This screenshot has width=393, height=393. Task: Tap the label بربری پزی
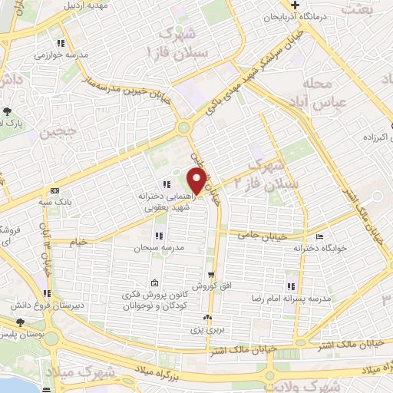[x=206, y=329]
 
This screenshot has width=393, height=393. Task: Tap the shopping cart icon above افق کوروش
[x=210, y=273]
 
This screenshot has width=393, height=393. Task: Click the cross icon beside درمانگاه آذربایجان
[x=305, y=5]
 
